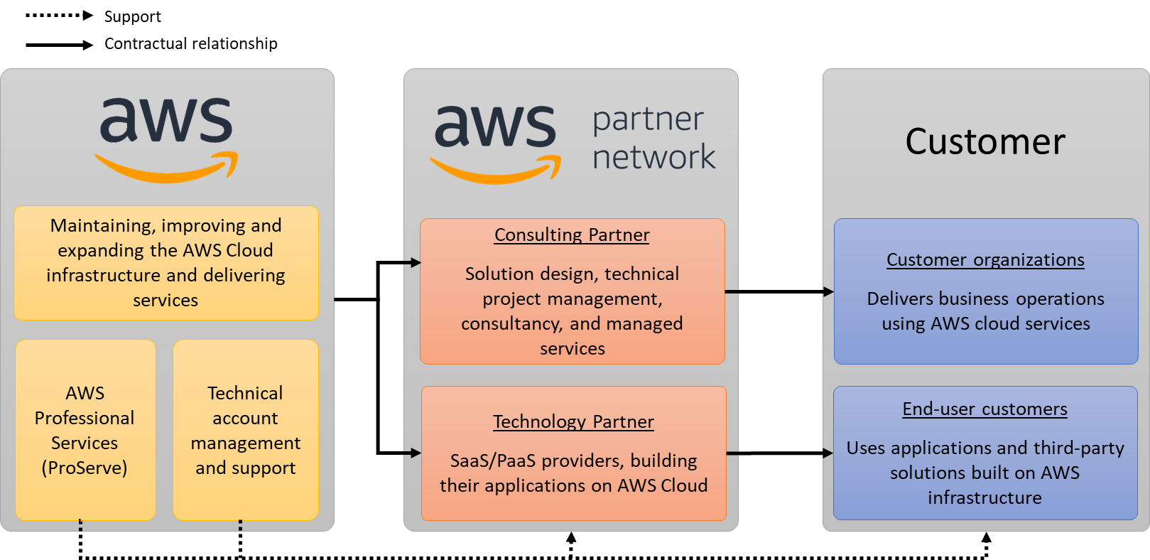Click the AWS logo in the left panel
coord(166,139)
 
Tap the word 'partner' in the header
coord(648,119)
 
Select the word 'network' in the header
coord(653,157)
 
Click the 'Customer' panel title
coord(985,141)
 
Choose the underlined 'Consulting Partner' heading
coord(572,235)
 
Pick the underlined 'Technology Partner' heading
coord(573,422)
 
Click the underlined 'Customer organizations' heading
coord(985,260)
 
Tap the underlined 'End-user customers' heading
coord(984,409)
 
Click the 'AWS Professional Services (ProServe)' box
coord(85,430)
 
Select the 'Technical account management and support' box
coord(246,430)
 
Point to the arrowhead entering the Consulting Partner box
coord(416,263)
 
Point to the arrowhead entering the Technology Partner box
coord(416,453)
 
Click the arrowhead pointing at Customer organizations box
coord(828,291)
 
